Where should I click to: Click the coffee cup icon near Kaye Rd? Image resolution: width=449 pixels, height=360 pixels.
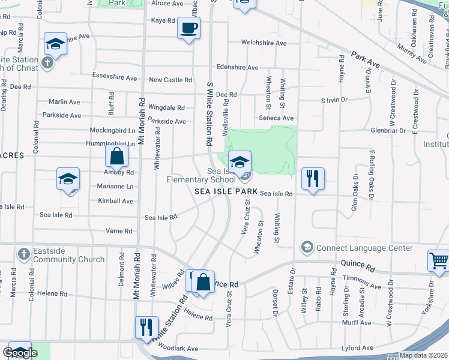tap(188, 28)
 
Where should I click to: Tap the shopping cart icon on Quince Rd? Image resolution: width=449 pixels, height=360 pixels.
tap(438, 261)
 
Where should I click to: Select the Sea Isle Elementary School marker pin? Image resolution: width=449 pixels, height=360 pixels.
tap(240, 162)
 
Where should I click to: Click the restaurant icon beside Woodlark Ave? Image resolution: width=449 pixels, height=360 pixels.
tap(146, 328)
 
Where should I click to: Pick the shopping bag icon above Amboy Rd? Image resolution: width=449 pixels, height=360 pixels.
tap(116, 157)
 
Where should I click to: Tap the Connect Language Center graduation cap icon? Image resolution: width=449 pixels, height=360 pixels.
tap(307, 247)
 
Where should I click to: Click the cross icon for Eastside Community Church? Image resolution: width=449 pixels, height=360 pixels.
tap(23, 254)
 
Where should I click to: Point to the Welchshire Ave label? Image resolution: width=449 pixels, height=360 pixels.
tap(264, 43)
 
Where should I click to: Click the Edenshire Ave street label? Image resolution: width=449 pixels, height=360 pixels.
tap(238, 67)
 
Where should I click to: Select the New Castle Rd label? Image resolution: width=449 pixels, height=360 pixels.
tap(170, 80)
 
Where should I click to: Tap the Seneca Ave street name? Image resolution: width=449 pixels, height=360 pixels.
tap(280, 118)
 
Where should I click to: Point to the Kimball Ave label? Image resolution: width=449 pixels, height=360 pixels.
tap(115, 201)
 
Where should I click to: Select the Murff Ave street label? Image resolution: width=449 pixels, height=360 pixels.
tap(357, 323)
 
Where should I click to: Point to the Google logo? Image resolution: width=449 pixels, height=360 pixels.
tap(20, 353)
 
